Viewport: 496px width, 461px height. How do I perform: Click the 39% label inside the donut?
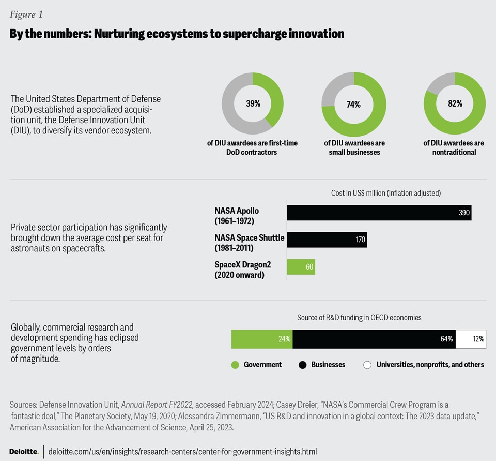[x=253, y=103]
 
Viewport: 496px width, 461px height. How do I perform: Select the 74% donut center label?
[x=353, y=104]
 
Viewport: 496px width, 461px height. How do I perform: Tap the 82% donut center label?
[x=455, y=103]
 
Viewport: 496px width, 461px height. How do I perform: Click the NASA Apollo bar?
[x=379, y=213]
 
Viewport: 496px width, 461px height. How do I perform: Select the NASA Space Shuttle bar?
[x=327, y=240]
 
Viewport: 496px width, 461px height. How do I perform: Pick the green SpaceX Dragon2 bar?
[x=301, y=267]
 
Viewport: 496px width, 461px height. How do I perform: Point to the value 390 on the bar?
[x=463, y=213]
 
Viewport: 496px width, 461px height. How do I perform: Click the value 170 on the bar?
[x=360, y=240]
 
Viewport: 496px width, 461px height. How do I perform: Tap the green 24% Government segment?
[x=261, y=339]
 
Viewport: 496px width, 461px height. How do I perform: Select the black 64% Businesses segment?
[x=374, y=339]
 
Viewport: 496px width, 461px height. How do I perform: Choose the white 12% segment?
[x=471, y=339]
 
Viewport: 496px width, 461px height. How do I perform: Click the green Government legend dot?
[x=235, y=365]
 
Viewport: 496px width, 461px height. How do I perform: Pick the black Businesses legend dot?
[x=303, y=365]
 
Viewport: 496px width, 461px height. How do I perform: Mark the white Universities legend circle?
[x=367, y=365]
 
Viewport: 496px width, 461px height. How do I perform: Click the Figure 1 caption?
[x=26, y=14]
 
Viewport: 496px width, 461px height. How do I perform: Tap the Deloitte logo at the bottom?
[x=24, y=451]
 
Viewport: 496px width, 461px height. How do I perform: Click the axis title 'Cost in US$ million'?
[x=386, y=193]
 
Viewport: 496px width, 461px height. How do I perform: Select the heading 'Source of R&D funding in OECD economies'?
[x=359, y=317]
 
